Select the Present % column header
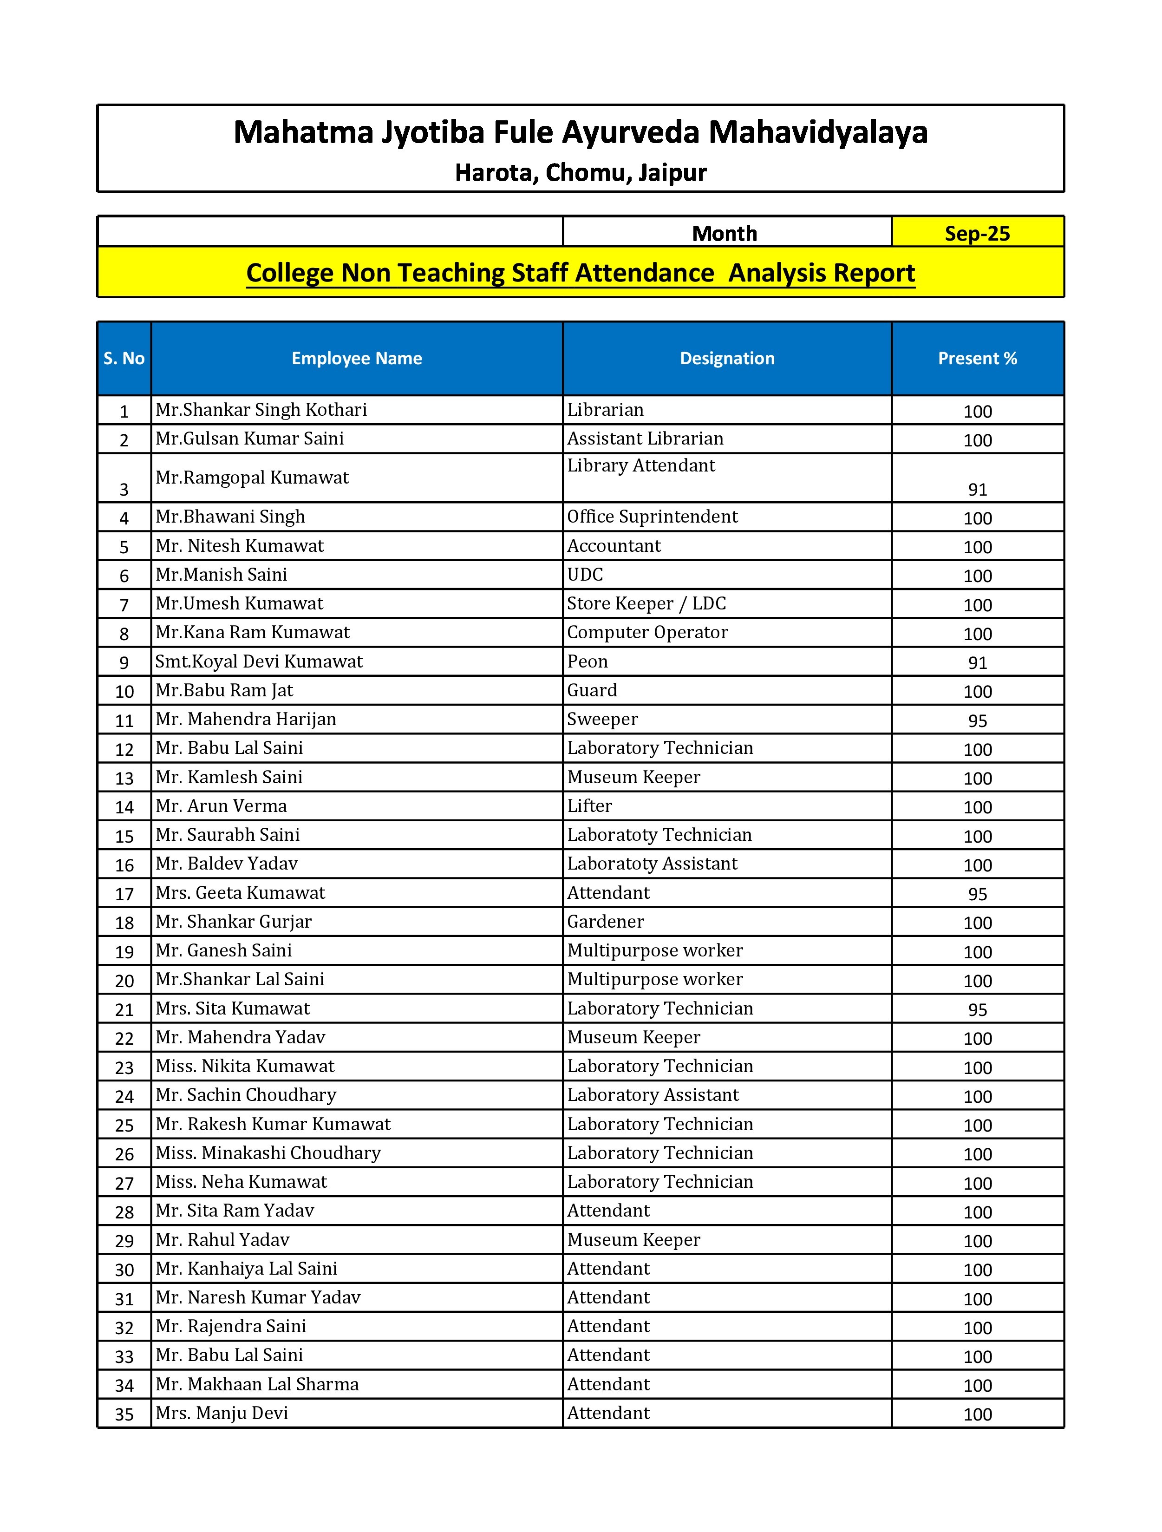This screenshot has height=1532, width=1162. click(977, 358)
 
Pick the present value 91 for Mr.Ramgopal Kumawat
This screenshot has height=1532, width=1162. click(977, 490)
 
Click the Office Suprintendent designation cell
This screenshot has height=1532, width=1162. click(653, 517)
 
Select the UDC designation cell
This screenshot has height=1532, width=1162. click(585, 575)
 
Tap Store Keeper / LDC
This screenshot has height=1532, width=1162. click(646, 603)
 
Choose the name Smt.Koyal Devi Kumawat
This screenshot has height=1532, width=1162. click(259, 661)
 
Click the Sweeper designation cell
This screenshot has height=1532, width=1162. click(602, 719)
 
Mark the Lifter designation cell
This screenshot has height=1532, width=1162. click(589, 805)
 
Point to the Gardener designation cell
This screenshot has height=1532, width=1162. click(605, 921)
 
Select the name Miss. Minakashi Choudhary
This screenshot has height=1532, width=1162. click(268, 1152)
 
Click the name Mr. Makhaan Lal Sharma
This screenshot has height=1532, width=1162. click(257, 1384)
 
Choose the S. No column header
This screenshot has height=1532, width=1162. click(124, 358)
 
